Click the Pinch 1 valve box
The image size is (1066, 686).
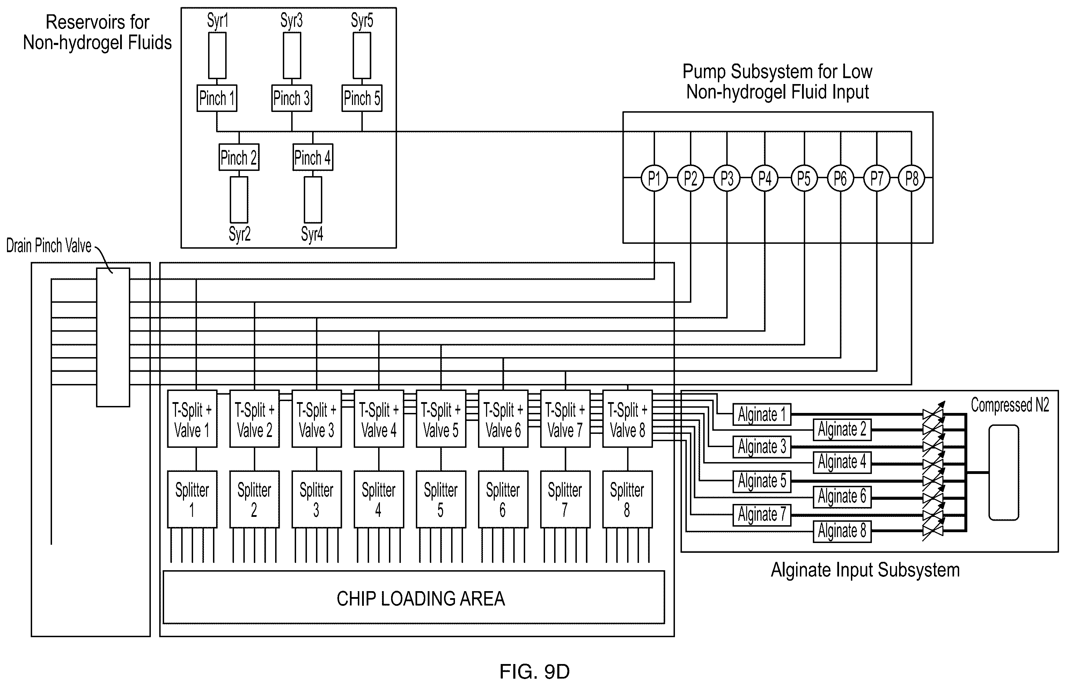217,98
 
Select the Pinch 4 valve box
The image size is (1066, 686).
313,157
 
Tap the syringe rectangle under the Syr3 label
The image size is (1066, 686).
292,56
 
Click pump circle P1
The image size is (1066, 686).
654,178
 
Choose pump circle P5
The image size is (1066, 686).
804,178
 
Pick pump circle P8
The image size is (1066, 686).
911,178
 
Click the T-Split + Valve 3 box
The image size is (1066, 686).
317,419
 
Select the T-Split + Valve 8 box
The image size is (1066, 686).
627,419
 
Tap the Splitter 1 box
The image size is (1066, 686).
192,499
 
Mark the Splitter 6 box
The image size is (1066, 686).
503,499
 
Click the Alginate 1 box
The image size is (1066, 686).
762,414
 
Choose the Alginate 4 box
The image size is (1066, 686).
842,462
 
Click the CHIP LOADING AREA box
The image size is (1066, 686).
414,597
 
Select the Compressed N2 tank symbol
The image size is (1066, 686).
1003,473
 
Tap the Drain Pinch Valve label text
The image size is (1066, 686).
49,246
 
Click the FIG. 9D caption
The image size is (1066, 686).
534,671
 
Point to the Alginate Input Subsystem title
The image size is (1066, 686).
865,570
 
